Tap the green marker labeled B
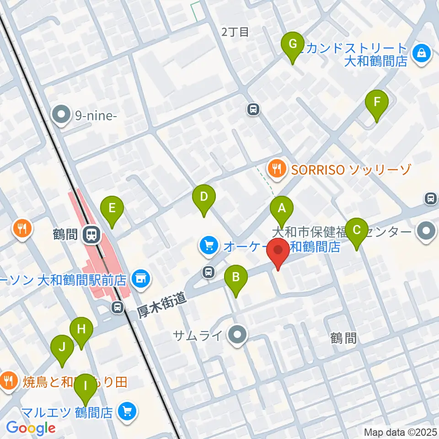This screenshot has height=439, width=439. (236, 277)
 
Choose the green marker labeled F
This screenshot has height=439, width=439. (377, 102)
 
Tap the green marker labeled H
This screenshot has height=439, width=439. (81, 329)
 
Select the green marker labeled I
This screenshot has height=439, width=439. (85, 385)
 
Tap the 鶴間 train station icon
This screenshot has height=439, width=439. (91, 235)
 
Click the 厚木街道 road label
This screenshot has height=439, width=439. (163, 305)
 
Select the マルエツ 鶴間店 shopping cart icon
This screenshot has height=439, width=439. (127, 412)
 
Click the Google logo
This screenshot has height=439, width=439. (31, 428)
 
